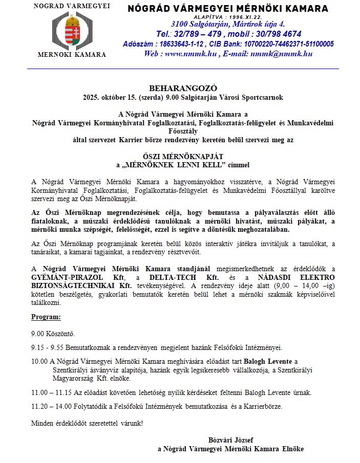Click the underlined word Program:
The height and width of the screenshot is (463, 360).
coord(46,317)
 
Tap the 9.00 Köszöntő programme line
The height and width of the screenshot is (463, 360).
coord(53,334)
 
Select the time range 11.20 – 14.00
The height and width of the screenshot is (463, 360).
coord(50,407)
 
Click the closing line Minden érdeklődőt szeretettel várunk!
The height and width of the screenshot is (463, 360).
coord(87,423)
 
